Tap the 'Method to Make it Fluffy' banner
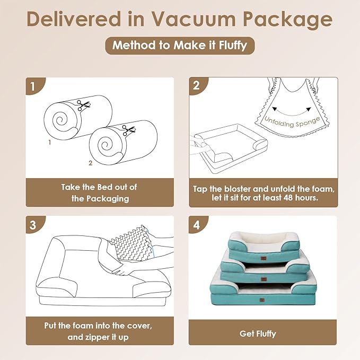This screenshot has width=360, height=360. [180, 46]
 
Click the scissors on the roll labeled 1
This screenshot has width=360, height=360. [83, 105]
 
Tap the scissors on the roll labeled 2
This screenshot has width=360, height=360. [128, 130]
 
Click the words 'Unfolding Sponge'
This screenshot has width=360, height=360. [292, 122]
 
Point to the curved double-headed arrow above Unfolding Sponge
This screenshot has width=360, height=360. [292, 114]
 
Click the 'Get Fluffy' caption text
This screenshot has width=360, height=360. [258, 334]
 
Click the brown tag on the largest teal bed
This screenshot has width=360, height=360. [262, 300]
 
